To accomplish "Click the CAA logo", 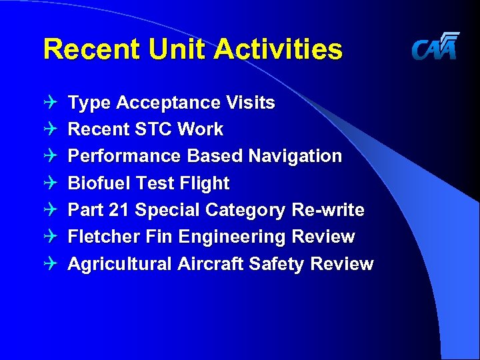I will pyautogui.click(x=435, y=47).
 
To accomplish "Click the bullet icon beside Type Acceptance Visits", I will pyautogui.click(x=52, y=103).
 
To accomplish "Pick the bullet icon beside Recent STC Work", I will pyautogui.click(x=52, y=129).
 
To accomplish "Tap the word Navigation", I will pyautogui.click(x=295, y=156).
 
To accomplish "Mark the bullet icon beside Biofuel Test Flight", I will pyautogui.click(x=52, y=183).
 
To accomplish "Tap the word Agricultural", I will pyautogui.click(x=120, y=264).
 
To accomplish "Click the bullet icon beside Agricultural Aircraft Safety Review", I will pyautogui.click(x=52, y=264).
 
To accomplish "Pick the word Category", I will pyautogui.click(x=246, y=211).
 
